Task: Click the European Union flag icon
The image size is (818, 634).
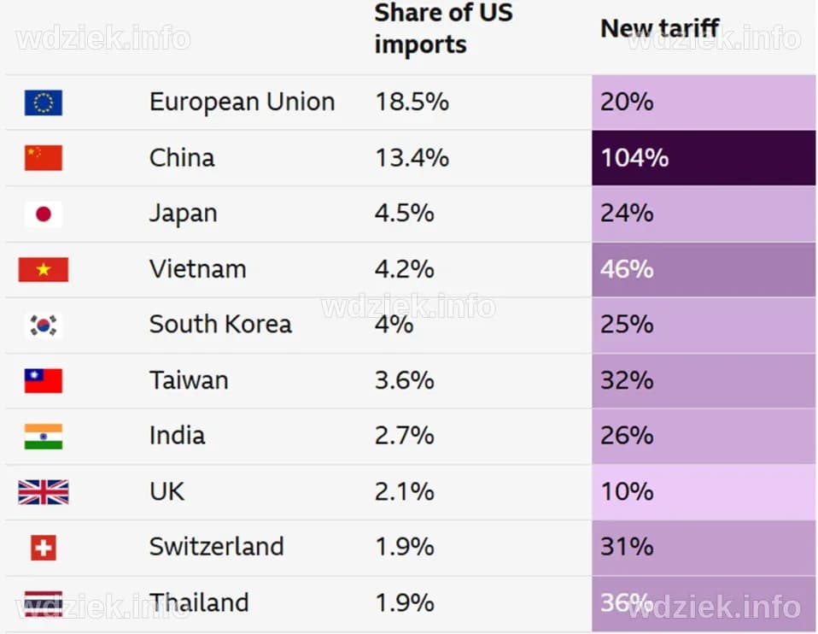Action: click(43, 103)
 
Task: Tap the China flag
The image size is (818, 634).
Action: click(43, 158)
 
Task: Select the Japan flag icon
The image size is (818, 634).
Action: click(43, 214)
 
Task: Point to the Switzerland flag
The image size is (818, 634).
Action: click(43, 548)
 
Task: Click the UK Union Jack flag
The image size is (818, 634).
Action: click(43, 492)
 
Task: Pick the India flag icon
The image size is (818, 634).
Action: click(43, 437)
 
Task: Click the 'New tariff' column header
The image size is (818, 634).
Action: click(660, 28)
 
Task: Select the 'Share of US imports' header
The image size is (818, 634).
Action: click(443, 29)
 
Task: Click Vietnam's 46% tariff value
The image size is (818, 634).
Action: click(627, 269)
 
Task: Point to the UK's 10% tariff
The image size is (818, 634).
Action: click(627, 491)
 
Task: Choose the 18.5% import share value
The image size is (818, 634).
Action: click(412, 103)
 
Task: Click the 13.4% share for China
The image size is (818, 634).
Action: click(412, 158)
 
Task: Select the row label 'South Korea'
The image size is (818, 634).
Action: click(220, 325)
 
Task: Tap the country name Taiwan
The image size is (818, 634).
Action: click(189, 380)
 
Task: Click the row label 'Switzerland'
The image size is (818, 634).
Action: click(216, 547)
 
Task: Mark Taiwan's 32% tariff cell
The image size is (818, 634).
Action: click(627, 380)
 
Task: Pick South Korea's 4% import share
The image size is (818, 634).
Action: click(394, 325)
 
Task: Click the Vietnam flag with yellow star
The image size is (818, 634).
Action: click(43, 270)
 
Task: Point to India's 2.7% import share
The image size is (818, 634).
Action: click(404, 436)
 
